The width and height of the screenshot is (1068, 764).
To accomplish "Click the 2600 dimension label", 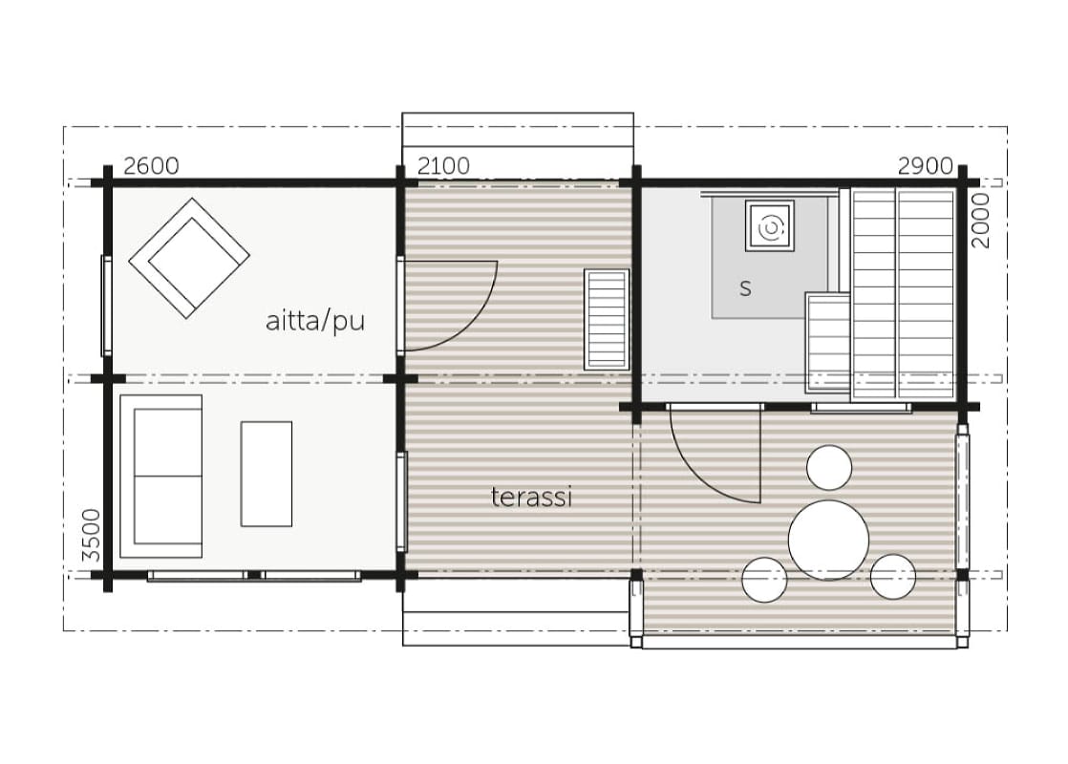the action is pyautogui.click(x=151, y=165).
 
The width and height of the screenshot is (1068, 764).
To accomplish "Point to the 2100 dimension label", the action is pyautogui.click(x=443, y=165).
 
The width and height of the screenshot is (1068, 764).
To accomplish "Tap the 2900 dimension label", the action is pyautogui.click(x=925, y=165).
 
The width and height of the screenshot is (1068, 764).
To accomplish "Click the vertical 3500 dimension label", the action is pyautogui.click(x=92, y=536).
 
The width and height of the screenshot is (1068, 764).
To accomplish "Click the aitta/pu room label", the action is pyautogui.click(x=315, y=320).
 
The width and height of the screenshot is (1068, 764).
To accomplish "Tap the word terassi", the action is pyautogui.click(x=531, y=497).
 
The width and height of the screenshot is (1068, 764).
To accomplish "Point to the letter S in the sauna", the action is pyautogui.click(x=746, y=288).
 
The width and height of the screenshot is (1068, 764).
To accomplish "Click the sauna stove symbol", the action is pyautogui.click(x=770, y=225).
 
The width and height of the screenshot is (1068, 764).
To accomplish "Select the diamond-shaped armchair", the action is pyautogui.click(x=189, y=258).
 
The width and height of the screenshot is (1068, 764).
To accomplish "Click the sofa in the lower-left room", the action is pyautogui.click(x=161, y=477).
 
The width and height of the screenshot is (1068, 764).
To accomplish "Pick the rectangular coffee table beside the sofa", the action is pyautogui.click(x=267, y=474).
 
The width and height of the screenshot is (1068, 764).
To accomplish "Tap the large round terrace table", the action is pyautogui.click(x=829, y=540).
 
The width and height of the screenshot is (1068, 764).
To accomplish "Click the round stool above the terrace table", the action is pyautogui.click(x=829, y=468).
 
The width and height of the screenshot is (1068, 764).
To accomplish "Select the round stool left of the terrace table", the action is pyautogui.click(x=765, y=580).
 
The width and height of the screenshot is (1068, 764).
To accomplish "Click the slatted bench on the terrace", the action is pyautogui.click(x=607, y=319).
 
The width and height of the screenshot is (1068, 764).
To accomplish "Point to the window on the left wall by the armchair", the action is pyautogui.click(x=106, y=305).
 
